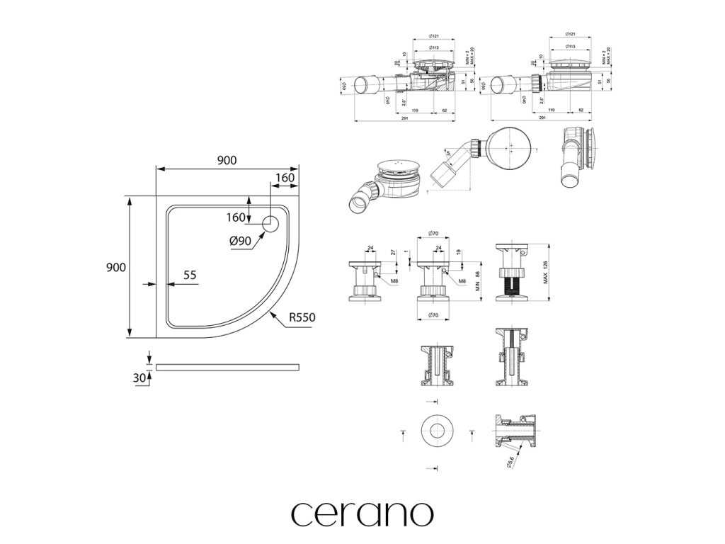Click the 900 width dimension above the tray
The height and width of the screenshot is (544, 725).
227,161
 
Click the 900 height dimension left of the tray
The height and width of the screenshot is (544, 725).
116,267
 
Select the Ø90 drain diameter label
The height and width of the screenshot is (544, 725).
241,241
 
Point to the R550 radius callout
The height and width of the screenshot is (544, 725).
301,318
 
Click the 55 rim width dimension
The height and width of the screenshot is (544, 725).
190,276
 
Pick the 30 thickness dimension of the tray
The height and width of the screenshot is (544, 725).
139,378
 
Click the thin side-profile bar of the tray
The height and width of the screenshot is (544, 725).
227,367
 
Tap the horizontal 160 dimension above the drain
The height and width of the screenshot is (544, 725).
285,178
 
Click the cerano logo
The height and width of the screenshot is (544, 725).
362,514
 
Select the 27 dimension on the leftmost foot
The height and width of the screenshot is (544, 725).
394,253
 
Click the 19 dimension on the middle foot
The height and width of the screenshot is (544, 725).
459,253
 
